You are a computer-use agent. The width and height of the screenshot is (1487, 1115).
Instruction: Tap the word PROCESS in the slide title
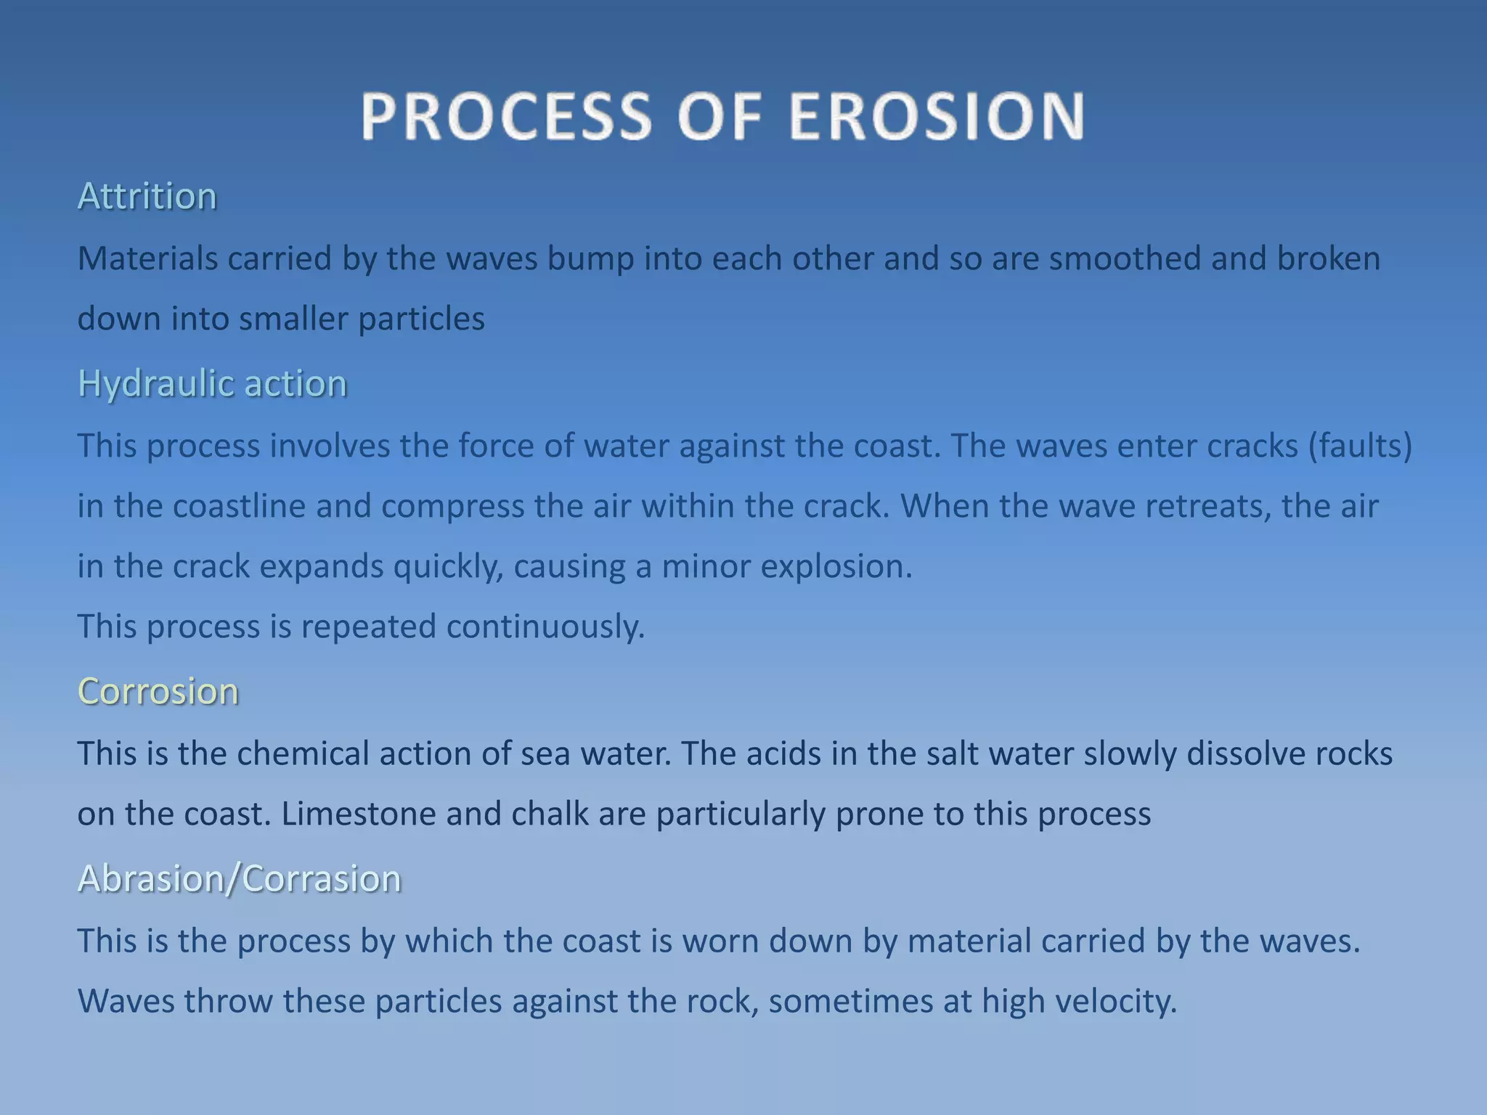point(506,116)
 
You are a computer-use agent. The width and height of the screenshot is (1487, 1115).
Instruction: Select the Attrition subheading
point(147,196)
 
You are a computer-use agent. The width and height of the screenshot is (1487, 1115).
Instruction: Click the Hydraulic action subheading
point(212,383)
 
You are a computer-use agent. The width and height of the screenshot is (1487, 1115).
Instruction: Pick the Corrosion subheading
point(158,691)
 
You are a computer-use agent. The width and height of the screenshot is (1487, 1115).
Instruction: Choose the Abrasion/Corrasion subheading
point(239,878)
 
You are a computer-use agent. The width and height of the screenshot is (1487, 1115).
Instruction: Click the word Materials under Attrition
point(147,258)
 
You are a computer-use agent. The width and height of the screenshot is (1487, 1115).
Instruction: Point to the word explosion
point(835,566)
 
